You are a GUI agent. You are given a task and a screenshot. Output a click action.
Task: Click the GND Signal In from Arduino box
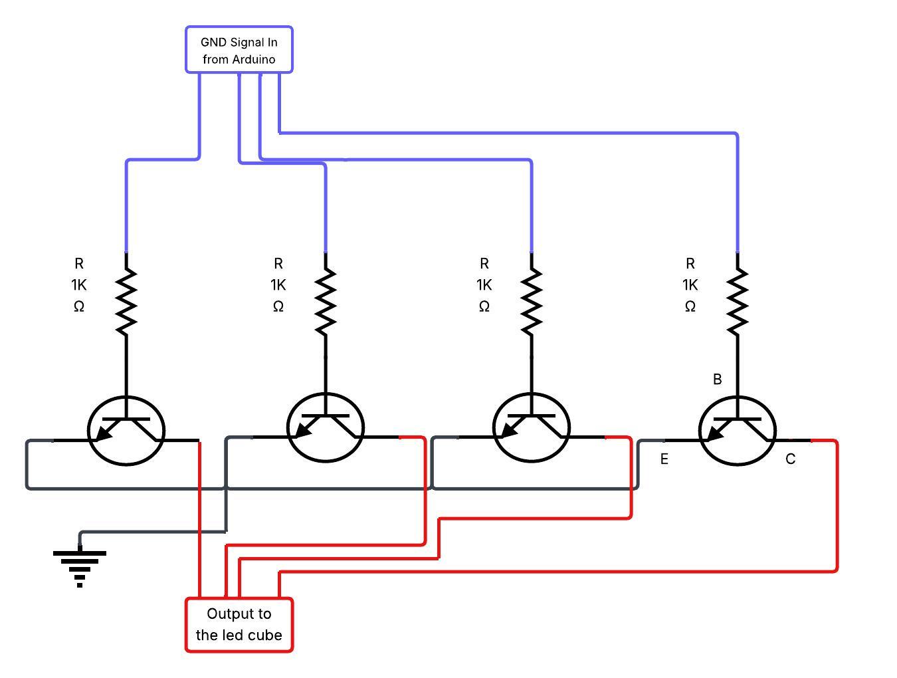coord(239,50)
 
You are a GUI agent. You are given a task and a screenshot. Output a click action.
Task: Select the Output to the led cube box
coord(239,625)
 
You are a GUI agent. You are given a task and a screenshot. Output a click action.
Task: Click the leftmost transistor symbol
coord(126,431)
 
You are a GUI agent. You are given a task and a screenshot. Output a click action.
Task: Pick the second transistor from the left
coord(326,427)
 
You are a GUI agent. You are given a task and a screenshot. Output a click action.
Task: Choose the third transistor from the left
coord(532,427)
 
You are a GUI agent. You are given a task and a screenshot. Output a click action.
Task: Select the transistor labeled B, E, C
coord(738,431)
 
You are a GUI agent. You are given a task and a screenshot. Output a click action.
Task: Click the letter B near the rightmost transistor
coord(717,379)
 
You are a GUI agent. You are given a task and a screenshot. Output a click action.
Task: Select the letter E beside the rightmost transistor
coord(664,459)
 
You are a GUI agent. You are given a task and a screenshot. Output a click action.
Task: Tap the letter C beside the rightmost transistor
coord(790,459)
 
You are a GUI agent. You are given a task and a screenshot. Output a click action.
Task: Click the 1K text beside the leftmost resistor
coord(78,285)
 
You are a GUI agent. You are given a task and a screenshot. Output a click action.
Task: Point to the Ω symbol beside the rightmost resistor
coord(690,306)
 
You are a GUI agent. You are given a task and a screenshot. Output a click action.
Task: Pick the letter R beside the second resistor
coord(278,264)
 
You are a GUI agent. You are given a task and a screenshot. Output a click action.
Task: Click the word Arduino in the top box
coord(254,59)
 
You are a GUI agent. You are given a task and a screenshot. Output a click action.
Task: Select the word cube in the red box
coord(264,635)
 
